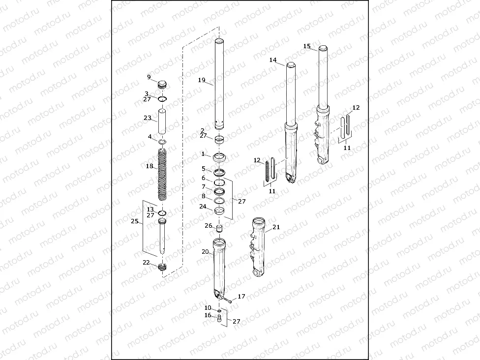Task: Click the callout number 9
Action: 149,77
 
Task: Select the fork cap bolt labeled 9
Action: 162,85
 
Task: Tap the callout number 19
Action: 201,80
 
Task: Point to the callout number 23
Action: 148,118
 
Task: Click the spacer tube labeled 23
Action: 162,121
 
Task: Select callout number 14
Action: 273,60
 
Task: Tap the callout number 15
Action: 307,46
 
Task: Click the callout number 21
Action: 276,227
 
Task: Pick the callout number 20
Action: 205,251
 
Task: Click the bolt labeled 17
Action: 229,300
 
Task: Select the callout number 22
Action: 146,262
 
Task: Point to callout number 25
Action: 134,222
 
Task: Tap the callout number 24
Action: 203,207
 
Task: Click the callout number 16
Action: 208,315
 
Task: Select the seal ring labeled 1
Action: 219,158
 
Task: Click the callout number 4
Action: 150,136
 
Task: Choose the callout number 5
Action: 203,168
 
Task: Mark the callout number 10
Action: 208,308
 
